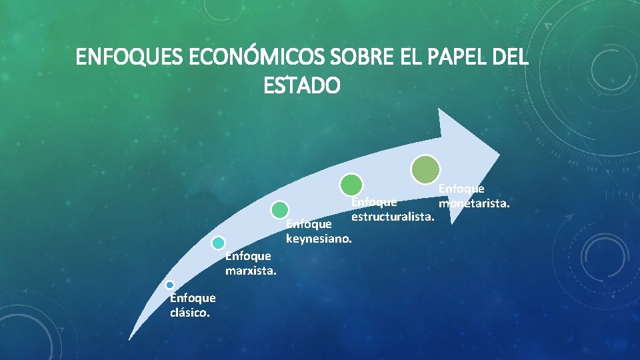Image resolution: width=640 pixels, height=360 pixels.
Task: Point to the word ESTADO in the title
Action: pyautogui.click(x=302, y=86)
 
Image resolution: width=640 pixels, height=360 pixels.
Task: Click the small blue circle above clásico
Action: pyautogui.click(x=170, y=285)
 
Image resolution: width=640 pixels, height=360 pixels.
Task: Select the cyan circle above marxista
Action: pyautogui.click(x=218, y=243)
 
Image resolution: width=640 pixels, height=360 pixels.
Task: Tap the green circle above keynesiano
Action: pyautogui.click(x=280, y=209)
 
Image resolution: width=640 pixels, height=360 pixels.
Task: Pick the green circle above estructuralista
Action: pyautogui.click(x=351, y=184)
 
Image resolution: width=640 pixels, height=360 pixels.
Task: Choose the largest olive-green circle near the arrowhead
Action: pyautogui.click(x=425, y=169)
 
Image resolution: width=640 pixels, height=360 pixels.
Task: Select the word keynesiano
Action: pyautogui.click(x=319, y=238)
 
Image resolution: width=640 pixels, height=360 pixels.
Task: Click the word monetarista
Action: pyautogui.click(x=474, y=202)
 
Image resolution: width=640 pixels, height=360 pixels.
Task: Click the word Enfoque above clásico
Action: pyautogui.click(x=193, y=298)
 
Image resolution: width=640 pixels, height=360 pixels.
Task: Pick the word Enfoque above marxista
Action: pyautogui.click(x=248, y=255)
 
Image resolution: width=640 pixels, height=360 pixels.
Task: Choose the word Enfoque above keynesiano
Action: pyautogui.click(x=309, y=225)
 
